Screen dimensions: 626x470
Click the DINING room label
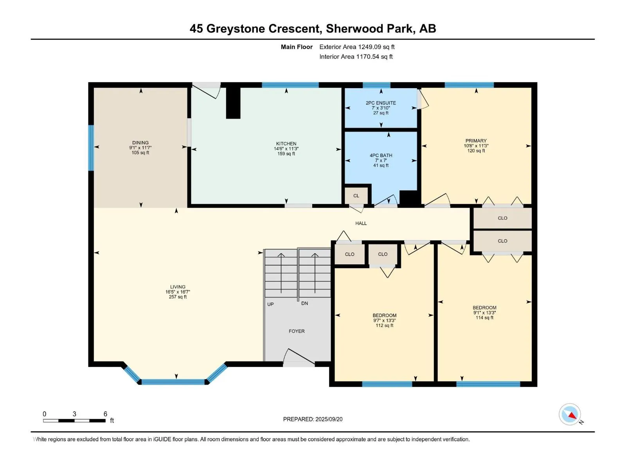pos(140,143)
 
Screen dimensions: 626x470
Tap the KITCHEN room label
pos(286,144)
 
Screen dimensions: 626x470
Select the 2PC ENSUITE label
pos(381,103)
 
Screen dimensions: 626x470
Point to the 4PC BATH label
pos(381,155)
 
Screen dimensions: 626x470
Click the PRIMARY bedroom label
pos(476,141)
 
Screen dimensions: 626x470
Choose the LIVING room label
pos(178,287)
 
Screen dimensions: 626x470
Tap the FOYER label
pos(297,331)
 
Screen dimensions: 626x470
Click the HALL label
pos(361,223)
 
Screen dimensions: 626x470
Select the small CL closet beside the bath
pos(356,196)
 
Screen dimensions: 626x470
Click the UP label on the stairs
pos(270,304)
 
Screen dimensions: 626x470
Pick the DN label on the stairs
pos(304,303)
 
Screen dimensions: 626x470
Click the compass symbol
pos(570,414)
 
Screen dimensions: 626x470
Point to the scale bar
pos(74,421)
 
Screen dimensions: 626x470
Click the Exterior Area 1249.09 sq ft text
pos(357,47)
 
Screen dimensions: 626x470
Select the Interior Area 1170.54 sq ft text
pos(356,56)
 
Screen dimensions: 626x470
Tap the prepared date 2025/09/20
pos(329,419)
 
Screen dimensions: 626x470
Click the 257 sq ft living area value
pos(178,297)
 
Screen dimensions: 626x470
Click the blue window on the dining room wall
pos(91,148)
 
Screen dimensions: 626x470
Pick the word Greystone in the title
pos(235,29)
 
